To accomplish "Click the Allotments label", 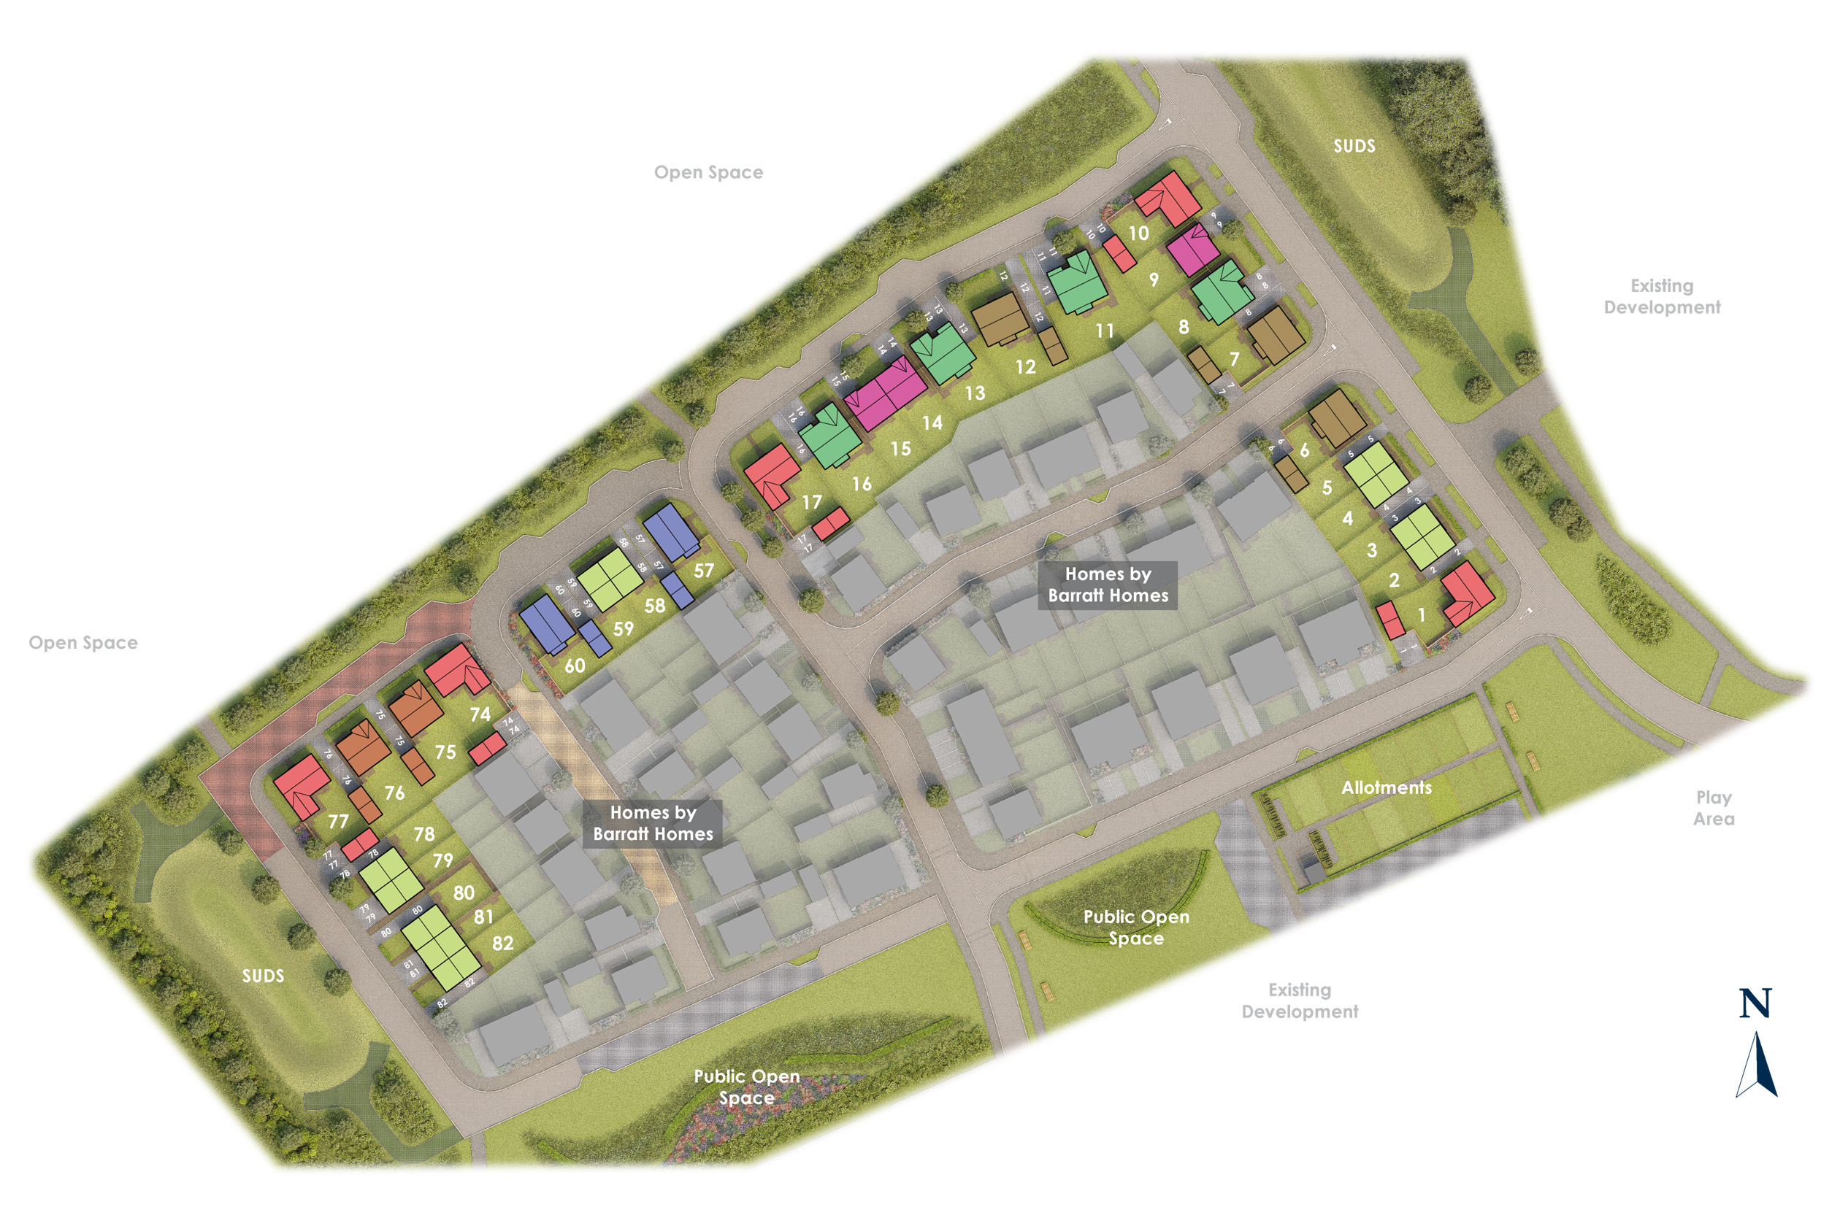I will (1387, 787).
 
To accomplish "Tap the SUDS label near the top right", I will (1354, 146).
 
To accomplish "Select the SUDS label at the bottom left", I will (263, 976).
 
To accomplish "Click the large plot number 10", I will (1138, 233).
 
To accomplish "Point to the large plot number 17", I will (812, 502).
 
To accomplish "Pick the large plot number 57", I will (703, 571).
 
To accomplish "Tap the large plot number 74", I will (480, 714).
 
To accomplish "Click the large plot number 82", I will (502, 943).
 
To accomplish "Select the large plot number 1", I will (1422, 615).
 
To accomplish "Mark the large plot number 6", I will (1304, 450).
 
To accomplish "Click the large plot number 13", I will (975, 393).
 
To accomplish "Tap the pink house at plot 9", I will (1192, 249).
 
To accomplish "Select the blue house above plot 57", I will (670, 531).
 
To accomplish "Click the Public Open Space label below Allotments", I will (1136, 928).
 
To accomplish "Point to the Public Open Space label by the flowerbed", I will (746, 1087).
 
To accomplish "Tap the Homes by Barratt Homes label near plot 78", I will (653, 823).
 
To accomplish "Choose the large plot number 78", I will (424, 834).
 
